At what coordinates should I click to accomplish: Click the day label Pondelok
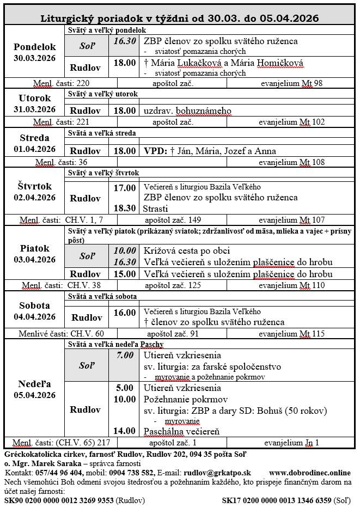[x=35, y=47]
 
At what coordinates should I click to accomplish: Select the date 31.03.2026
[x=35, y=109]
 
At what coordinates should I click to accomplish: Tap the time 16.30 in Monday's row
[x=125, y=41]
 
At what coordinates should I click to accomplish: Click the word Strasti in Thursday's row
[x=156, y=209]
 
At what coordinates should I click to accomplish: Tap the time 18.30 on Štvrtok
[x=125, y=209]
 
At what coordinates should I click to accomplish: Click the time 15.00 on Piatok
[x=125, y=273]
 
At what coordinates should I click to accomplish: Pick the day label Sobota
[x=35, y=305]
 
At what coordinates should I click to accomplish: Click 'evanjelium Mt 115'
[x=291, y=333]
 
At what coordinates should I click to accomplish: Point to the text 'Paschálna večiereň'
[x=181, y=431]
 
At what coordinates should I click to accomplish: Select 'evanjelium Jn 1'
[x=291, y=442]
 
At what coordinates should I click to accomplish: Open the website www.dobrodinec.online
[x=310, y=473]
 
